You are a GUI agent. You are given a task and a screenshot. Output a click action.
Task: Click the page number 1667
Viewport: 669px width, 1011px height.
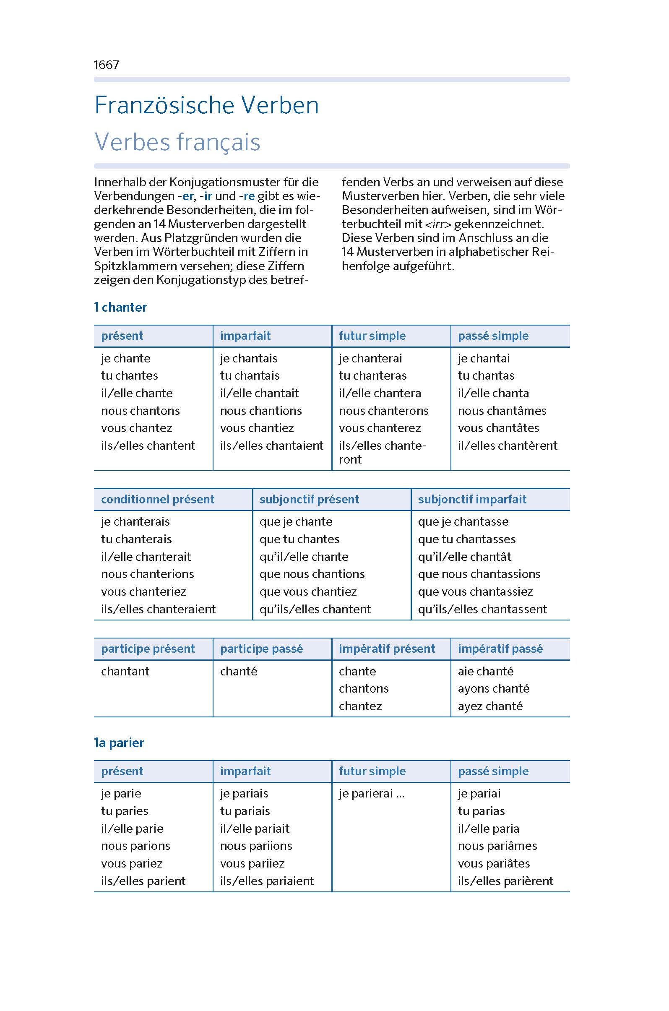coord(106,65)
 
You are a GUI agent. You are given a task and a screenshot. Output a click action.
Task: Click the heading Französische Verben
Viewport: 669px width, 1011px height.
coord(206,105)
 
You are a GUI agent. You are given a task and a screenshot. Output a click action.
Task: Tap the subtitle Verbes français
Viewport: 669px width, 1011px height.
coord(177,142)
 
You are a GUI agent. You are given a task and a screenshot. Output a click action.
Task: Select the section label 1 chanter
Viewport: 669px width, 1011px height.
coord(120,307)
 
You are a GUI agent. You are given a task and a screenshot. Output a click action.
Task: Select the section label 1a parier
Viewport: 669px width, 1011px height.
coord(119,743)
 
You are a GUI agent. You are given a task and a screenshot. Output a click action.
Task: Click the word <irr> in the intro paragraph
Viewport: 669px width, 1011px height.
coord(438,224)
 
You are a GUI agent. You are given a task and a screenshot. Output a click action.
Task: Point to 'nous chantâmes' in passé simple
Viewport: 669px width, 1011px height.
coord(502,411)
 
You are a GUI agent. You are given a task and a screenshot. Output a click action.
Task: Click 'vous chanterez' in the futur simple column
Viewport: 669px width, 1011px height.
coord(380,428)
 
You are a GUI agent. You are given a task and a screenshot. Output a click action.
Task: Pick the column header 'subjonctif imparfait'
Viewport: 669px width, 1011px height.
coord(472,499)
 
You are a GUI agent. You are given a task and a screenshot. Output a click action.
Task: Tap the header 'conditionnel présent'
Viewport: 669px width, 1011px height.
coord(157,499)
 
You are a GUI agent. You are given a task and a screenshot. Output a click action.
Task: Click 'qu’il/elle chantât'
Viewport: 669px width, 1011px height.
coord(464,557)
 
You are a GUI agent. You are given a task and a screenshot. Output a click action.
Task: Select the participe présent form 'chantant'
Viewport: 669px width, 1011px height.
coord(125,671)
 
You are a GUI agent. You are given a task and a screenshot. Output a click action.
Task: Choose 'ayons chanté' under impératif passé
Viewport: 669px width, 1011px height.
coord(493,689)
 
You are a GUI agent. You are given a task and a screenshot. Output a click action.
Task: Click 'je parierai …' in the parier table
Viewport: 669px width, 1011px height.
coord(371,794)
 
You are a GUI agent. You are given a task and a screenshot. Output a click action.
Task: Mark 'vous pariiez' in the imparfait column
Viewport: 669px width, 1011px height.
coord(252,864)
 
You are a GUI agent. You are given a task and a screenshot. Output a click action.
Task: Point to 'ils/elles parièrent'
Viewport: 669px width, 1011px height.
coord(505,881)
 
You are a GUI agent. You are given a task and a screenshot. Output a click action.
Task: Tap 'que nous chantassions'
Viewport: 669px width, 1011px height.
coord(479,574)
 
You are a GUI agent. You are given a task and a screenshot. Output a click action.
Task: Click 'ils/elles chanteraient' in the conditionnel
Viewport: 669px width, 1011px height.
coord(158,610)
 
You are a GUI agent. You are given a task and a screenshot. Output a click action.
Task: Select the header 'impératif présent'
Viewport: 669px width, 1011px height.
coord(387,649)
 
